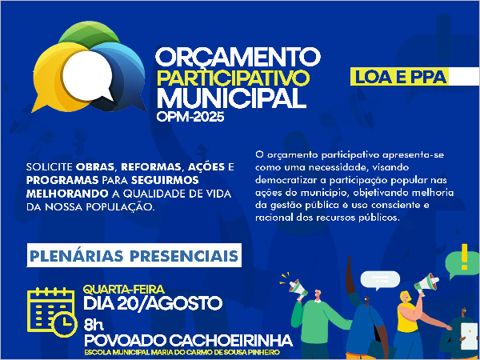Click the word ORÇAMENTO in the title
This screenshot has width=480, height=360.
238,58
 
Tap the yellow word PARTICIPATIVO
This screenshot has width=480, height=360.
233,78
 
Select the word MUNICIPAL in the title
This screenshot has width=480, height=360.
231,98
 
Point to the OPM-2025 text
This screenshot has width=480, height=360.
190,116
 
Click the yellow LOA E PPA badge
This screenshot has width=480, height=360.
399,77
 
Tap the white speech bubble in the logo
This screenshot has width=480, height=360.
87,77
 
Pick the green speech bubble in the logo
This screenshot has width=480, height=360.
89,34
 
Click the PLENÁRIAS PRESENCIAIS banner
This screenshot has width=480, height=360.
134,255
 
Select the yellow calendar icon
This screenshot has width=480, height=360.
52,312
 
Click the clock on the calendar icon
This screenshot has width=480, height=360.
64,324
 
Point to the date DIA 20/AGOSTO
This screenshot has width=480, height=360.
153,304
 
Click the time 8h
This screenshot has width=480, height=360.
94,325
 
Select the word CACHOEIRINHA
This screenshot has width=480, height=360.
231,340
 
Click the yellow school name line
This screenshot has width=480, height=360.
182,352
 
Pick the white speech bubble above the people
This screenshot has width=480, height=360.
380,280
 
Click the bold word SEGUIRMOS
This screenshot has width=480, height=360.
165,180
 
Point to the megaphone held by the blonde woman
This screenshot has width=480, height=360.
426,283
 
